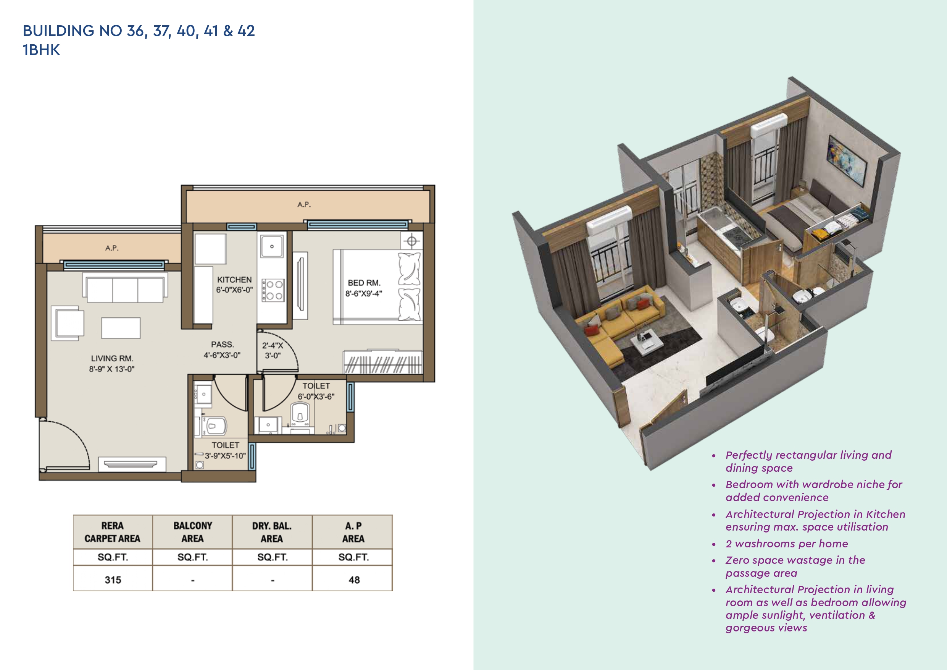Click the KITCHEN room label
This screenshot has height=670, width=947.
(234, 280)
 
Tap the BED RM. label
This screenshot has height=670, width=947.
(364, 283)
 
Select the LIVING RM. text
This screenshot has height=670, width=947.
(112, 358)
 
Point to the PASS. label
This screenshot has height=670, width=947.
(222, 344)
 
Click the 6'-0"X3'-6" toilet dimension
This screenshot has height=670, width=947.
(316, 396)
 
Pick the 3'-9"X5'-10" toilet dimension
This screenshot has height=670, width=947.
(225, 456)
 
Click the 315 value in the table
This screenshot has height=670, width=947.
(113, 579)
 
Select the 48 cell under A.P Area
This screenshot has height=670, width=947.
(354, 579)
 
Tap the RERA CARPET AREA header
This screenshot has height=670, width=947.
(112, 532)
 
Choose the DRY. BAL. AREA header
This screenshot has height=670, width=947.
(272, 532)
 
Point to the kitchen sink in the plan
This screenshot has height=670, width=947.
(272, 246)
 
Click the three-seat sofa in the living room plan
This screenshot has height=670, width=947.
(125, 288)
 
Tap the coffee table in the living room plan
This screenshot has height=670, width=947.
(121, 328)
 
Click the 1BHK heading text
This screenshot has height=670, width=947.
(41, 50)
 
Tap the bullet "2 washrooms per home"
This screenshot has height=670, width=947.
(787, 544)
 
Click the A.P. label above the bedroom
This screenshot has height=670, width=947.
(304, 204)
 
